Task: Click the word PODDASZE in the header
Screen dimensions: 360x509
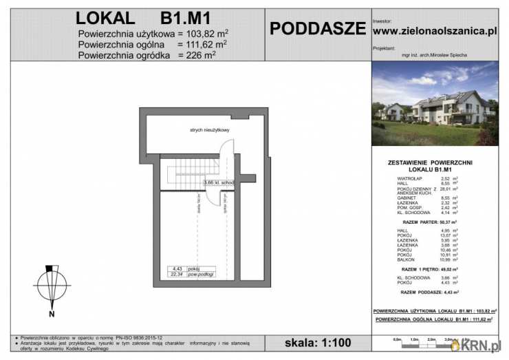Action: click(x=317, y=28)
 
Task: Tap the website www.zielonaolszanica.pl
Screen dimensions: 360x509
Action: click(x=434, y=31)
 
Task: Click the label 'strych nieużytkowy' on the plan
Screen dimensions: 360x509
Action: click(x=210, y=129)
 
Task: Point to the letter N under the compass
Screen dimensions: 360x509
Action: click(x=51, y=315)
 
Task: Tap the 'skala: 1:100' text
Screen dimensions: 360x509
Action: click(x=317, y=343)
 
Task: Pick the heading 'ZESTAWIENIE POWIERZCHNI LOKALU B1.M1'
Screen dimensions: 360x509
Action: click(x=435, y=165)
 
